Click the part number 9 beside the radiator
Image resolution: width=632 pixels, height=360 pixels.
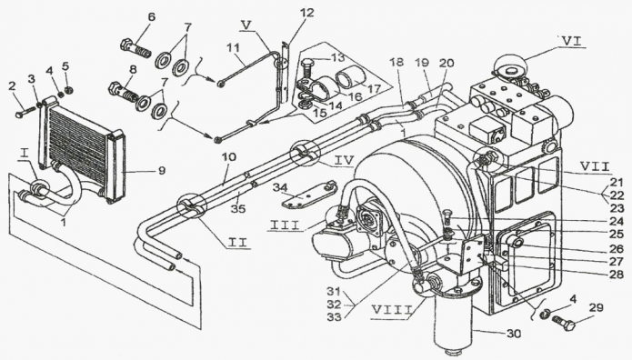(x=161, y=171)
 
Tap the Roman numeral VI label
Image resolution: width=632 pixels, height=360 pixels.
(x=571, y=40)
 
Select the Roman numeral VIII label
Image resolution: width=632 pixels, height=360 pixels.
(x=390, y=310)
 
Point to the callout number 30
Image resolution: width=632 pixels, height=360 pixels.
(x=513, y=334)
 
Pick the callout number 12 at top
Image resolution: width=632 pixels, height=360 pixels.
(x=306, y=13)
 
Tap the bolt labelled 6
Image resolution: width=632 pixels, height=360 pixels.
(x=135, y=46)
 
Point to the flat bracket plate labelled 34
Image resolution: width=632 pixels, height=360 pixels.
(x=308, y=195)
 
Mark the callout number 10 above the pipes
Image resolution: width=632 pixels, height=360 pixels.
(x=228, y=156)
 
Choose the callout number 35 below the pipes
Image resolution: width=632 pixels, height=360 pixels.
(x=238, y=209)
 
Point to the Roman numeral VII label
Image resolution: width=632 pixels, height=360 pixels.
(x=594, y=166)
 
